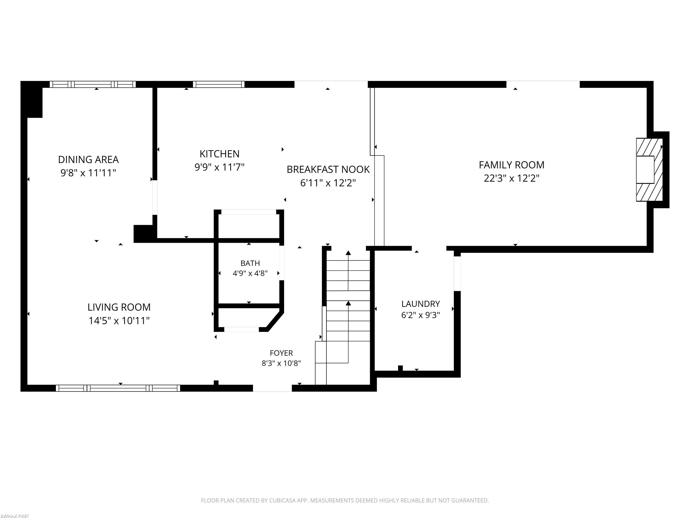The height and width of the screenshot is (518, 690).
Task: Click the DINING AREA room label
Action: coord(88,160)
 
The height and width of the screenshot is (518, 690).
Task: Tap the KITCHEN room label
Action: coord(220,154)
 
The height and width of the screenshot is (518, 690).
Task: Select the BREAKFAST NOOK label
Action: coord(328,170)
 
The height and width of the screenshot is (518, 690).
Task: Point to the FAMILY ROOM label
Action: coord(512,165)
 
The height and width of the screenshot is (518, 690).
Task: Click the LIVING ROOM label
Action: coord(119,307)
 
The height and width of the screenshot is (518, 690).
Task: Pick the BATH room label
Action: coord(250,263)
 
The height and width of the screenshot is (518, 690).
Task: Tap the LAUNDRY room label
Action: coord(420,304)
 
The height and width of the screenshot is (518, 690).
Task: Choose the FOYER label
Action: coord(281,353)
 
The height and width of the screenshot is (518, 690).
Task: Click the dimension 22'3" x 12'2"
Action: coord(512,178)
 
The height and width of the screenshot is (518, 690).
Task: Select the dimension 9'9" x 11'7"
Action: coord(220,167)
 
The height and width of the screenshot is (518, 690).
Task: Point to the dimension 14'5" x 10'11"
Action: coord(119,321)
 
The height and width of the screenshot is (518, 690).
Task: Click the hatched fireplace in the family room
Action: coord(649,170)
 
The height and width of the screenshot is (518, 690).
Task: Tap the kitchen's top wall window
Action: coord(219,84)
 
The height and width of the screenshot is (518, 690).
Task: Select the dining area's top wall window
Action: coord(93,84)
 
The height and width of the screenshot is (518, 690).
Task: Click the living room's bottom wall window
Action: coord(118,388)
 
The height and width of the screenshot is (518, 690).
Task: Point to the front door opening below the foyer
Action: coord(272,388)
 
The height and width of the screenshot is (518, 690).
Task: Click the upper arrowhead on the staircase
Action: coord(348,253)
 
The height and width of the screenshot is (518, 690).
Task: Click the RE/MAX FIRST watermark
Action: coord(15,516)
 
